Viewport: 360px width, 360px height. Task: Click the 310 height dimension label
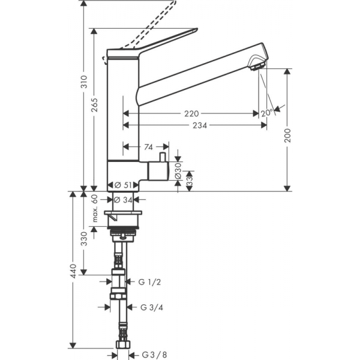pos(85,82)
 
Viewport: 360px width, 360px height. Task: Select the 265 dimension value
pos(94,105)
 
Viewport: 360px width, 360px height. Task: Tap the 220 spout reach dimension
pos(191,113)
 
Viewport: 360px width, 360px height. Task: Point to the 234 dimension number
pos(200,125)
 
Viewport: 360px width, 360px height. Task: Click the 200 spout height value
pos(287,136)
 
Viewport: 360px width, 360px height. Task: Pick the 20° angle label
pos(267,113)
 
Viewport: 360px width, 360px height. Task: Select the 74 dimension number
pos(148,147)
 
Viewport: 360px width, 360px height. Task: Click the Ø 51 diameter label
pos(123,185)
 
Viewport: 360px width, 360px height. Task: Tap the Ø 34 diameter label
pos(123,200)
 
